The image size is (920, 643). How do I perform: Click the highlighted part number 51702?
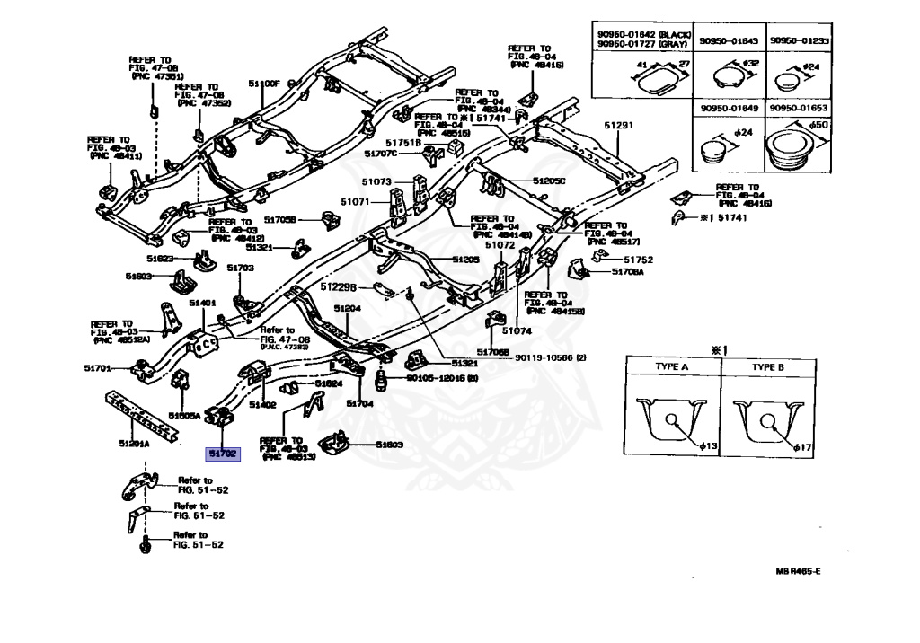tap(222, 454)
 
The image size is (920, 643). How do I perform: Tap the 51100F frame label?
tap(266, 84)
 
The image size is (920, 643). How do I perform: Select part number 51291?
tap(618, 126)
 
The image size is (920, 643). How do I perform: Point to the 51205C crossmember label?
tap(549, 181)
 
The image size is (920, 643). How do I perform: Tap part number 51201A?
tap(135, 444)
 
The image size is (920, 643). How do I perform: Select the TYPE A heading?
tap(670, 367)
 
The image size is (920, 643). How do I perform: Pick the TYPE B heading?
tap(768, 367)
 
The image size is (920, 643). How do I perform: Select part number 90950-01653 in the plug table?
tap(803, 107)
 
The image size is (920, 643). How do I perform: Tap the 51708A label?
tap(628, 271)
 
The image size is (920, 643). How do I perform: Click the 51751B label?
tap(403, 143)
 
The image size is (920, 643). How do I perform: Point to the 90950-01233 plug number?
tap(803, 41)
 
